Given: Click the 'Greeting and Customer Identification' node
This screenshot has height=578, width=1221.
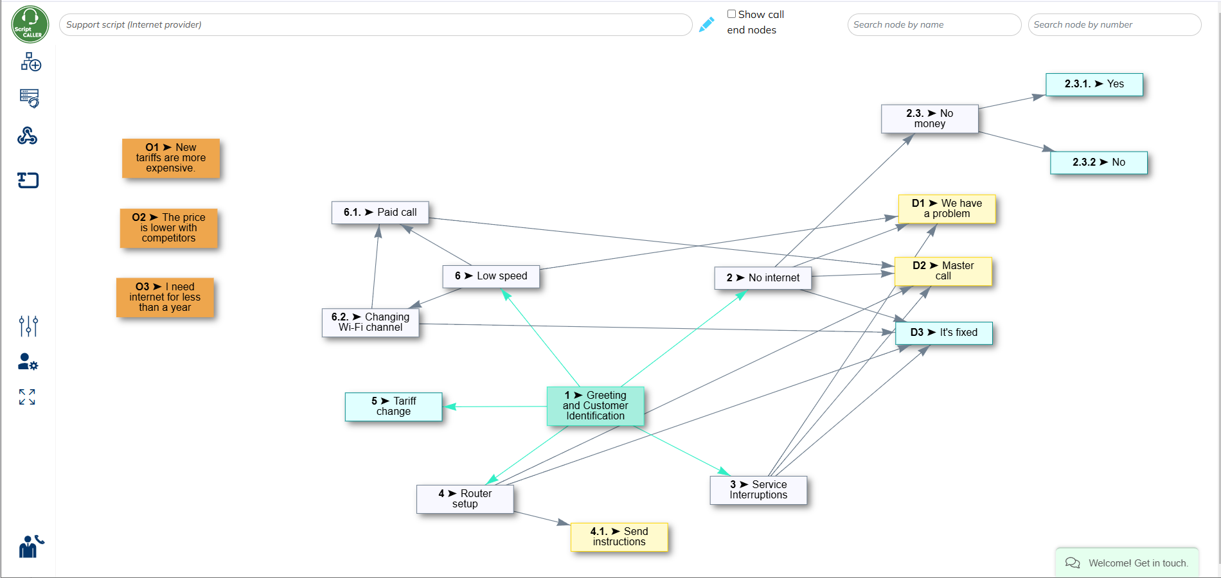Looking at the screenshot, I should [x=595, y=406].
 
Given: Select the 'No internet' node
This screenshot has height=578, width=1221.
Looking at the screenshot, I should [x=763, y=278].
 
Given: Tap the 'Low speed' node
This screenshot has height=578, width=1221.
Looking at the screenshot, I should [x=491, y=276].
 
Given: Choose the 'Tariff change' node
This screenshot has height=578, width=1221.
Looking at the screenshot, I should [x=393, y=407].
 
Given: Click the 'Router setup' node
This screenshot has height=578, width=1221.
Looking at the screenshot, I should [x=465, y=499].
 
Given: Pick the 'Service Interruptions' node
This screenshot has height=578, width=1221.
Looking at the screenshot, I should [x=758, y=490].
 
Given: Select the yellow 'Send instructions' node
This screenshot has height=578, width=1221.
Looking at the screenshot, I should [x=619, y=537].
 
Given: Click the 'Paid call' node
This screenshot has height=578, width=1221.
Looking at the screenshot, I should [x=380, y=213].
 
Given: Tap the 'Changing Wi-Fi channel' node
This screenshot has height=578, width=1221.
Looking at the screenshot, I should [x=370, y=322].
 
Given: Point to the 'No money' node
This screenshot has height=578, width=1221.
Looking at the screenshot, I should [x=929, y=119].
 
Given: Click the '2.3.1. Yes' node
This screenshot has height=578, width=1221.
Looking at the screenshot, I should [x=1094, y=84].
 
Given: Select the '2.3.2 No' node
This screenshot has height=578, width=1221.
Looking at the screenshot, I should [x=1098, y=162].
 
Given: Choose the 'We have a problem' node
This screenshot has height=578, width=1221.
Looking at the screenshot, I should [x=947, y=209].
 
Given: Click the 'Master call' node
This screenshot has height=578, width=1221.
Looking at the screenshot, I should [x=943, y=271].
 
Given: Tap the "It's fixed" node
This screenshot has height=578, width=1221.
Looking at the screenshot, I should [x=943, y=333].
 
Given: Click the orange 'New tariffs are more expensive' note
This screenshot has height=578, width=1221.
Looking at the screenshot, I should [x=171, y=158].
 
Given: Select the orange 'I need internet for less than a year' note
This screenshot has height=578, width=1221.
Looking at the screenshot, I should [x=165, y=297].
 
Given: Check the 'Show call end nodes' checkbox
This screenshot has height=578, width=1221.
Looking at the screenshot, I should [x=731, y=14].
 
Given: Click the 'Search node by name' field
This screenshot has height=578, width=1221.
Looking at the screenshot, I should [x=934, y=25].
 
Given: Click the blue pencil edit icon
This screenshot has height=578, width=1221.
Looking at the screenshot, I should [x=706, y=24].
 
